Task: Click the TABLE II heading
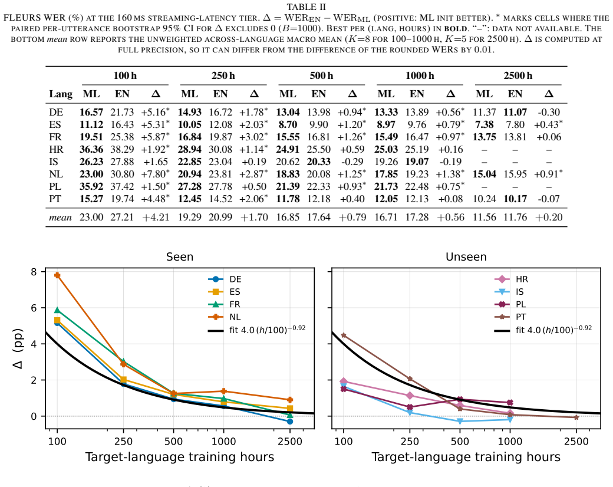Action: click(x=306, y=7)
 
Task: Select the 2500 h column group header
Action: click(x=518, y=75)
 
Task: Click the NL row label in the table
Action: click(x=55, y=174)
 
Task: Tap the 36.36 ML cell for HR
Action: click(x=91, y=149)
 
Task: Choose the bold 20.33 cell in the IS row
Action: click(x=319, y=162)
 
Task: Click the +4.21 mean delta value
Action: click(x=156, y=218)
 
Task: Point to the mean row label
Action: click(x=60, y=218)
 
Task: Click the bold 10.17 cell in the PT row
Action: click(x=515, y=199)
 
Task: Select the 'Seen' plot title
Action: click(x=179, y=256)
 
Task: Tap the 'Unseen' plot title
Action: click(x=466, y=256)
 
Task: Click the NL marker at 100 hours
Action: click(x=58, y=275)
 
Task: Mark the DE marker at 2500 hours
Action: click(x=289, y=422)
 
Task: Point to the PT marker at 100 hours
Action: click(x=344, y=335)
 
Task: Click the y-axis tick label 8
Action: click(x=34, y=272)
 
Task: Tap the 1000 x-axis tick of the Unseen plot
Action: click(x=510, y=442)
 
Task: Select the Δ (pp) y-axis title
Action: click(x=18, y=348)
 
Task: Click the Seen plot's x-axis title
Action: click(x=179, y=457)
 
